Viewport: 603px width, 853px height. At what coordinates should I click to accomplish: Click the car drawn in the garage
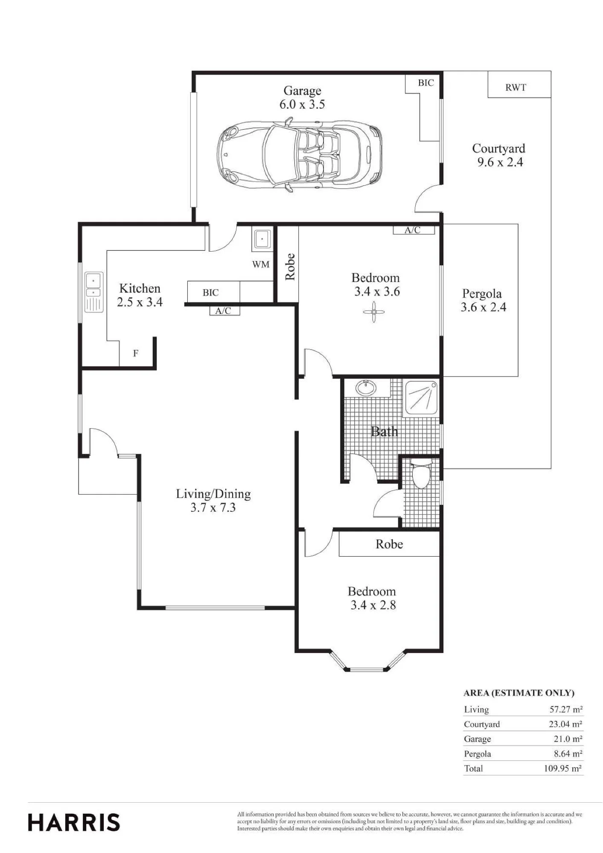[299, 156]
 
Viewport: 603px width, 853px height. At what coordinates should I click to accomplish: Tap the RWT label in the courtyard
[516, 87]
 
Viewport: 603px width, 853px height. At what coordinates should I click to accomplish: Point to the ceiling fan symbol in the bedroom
[374, 312]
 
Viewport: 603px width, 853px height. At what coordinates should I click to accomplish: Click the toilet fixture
[421, 473]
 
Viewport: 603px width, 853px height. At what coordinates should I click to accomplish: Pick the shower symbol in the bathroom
[421, 397]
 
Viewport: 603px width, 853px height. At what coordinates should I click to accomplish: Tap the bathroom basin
[366, 388]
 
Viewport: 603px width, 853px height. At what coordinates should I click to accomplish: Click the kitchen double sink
[93, 292]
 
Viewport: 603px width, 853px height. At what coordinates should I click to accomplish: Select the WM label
[261, 264]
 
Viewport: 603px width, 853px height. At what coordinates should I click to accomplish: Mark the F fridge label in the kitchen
[136, 353]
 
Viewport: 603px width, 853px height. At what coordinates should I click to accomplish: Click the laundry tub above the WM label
[262, 239]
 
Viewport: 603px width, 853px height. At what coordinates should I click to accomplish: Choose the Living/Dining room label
[213, 494]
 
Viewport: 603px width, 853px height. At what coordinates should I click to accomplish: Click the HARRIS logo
[74, 823]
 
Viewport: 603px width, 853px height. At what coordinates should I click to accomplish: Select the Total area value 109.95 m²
[563, 769]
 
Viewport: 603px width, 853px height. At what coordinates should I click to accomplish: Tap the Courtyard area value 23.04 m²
[565, 724]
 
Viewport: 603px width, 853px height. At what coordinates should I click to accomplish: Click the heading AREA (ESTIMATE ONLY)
[519, 693]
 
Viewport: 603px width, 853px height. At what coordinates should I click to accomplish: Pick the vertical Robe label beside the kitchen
[290, 267]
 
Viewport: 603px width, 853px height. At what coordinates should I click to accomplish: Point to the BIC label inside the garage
[425, 83]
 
